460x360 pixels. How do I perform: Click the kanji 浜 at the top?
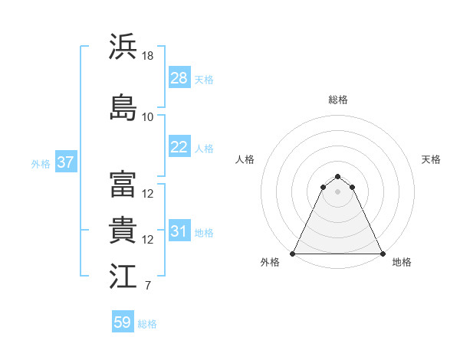(x=123, y=47)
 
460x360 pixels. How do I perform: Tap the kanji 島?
(x=123, y=107)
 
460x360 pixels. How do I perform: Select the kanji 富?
(x=123, y=185)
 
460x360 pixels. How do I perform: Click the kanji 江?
(x=123, y=277)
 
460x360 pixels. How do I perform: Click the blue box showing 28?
(x=179, y=78)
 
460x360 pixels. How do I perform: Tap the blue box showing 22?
(x=179, y=147)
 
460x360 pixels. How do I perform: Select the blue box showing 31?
(x=179, y=231)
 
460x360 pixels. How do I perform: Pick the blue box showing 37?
(x=65, y=162)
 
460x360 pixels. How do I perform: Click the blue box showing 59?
(x=123, y=322)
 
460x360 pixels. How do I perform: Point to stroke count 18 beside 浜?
(x=149, y=56)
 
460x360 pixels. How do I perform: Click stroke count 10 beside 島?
(x=148, y=117)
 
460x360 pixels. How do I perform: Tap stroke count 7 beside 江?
(x=148, y=286)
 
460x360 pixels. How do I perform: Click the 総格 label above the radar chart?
(x=338, y=100)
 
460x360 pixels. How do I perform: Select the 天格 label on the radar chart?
(x=431, y=159)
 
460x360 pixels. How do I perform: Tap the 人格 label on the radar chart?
(x=245, y=159)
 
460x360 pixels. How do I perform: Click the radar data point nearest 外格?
(x=293, y=254)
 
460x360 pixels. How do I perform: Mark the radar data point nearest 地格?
(x=383, y=254)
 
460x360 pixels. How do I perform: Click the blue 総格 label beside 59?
(x=147, y=324)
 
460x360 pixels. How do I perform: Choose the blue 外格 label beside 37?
(x=41, y=163)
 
